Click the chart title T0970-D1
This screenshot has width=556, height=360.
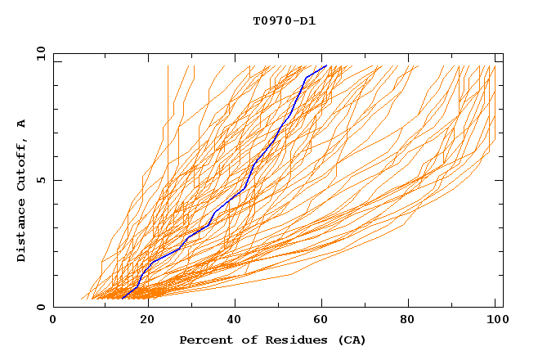coord(284,20)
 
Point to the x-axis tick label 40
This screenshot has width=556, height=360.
coord(235,321)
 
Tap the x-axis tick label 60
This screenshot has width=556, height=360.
coord(325,321)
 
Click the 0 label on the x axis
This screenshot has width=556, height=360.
coord(53,321)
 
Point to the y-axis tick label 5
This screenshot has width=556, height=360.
coord(40,180)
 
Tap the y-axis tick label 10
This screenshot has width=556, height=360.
coord(38,53)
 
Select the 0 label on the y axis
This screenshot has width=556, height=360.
coord(40,307)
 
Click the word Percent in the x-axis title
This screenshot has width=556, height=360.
coord(204,340)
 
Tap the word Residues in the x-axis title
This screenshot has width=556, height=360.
coord(289,340)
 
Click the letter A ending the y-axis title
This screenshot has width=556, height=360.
coord(21,123)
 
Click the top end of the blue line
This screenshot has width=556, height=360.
coord(326,65)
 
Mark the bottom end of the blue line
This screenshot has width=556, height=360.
coord(121,299)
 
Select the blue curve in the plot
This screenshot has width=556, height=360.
coord(245,188)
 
